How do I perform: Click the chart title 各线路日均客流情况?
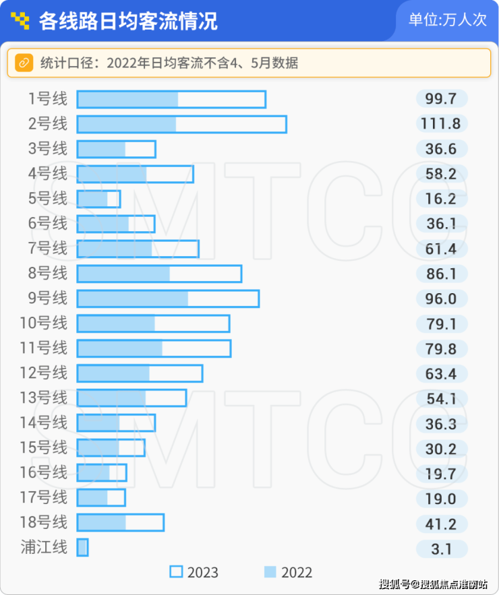(128, 21)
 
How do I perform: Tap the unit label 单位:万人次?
(447, 20)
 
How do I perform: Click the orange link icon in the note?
(24, 63)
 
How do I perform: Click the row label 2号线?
(48, 124)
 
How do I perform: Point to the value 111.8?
(442, 124)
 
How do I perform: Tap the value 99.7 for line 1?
(442, 99)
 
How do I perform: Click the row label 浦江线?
(44, 547)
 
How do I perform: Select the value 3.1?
(442, 549)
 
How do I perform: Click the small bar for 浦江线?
(82, 548)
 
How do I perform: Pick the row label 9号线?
(48, 299)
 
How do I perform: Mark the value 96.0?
(442, 299)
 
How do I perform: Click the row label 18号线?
(44, 522)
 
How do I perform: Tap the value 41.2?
(442, 524)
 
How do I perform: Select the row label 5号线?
(48, 199)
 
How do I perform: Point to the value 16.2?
(442, 199)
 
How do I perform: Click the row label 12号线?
(44, 373)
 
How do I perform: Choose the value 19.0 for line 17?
(442, 499)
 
